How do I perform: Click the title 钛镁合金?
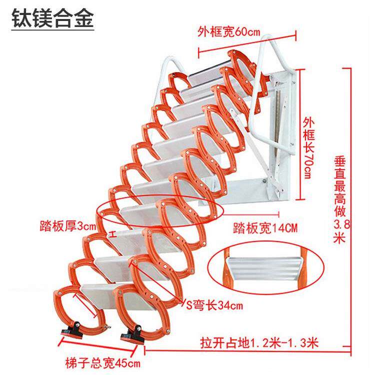(x=52, y=18)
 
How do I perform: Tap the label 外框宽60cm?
(x=228, y=31)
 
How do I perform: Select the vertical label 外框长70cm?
(x=308, y=148)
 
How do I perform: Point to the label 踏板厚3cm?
(x=67, y=225)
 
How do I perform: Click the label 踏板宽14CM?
(x=265, y=227)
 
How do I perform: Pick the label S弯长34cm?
(x=214, y=305)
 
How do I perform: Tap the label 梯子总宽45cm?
(x=102, y=363)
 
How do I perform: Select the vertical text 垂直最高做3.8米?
(x=341, y=199)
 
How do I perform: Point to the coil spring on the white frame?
(x=278, y=124)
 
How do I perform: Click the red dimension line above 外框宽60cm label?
(x=247, y=43)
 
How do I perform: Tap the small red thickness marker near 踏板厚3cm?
(x=113, y=234)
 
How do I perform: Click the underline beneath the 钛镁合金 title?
(x=52, y=29)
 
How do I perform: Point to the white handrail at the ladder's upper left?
(x=167, y=71)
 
